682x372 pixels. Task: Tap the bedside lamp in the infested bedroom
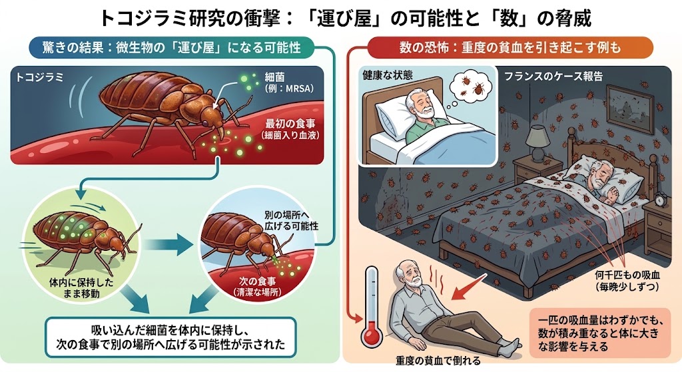click(538, 144)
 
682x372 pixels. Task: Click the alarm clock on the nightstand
click(661, 199)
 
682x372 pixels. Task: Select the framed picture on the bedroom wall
click(629, 109)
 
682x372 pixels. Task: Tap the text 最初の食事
click(290, 124)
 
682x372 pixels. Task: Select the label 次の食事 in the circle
click(257, 281)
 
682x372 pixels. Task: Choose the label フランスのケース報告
click(553, 77)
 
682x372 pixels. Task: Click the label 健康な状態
click(388, 75)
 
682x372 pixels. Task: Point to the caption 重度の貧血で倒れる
click(438, 361)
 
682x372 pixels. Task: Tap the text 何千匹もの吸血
click(627, 276)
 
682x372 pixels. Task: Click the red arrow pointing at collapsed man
click(468, 287)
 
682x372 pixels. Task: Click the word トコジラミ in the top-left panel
click(39, 78)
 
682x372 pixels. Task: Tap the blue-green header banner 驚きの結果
click(171, 47)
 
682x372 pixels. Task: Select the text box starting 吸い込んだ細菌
click(171, 337)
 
